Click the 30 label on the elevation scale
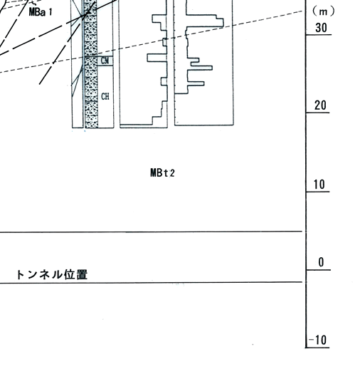coord(321,28)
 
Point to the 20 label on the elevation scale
coord(320,105)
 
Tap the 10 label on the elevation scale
coord(319,184)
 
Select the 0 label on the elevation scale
coord(321,262)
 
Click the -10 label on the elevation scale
coord(317,340)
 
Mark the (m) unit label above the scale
coord(323,11)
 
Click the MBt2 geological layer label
coord(162,172)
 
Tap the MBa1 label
coord(41,12)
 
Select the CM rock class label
coord(105,61)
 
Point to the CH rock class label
coord(105,96)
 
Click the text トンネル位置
coord(52,274)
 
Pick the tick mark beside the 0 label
coord(318,270)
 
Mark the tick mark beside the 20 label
coord(317,113)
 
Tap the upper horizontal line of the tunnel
coord(151,232)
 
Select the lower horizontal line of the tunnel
coord(151,283)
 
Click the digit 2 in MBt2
coord(172,173)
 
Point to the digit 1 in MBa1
coord(50,12)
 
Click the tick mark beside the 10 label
coord(317,192)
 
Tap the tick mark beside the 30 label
coord(318,35)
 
